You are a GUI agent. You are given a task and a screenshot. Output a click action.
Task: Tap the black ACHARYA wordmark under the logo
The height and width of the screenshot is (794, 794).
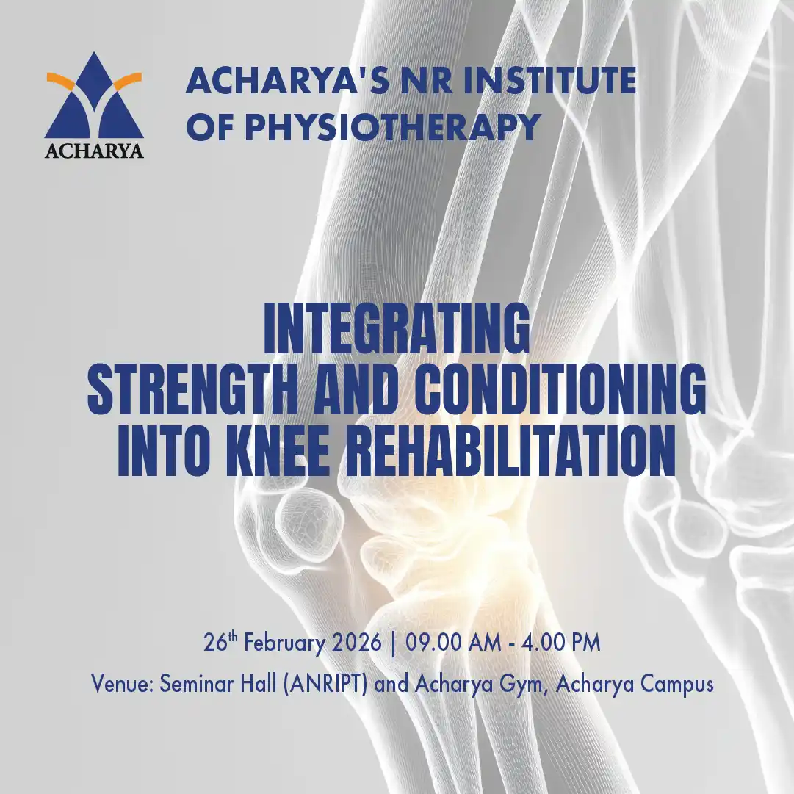[x=94, y=151]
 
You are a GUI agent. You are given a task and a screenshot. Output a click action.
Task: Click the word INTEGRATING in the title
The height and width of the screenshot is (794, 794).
[x=397, y=328]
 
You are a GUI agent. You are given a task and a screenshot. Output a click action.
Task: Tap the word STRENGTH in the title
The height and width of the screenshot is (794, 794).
[x=192, y=389]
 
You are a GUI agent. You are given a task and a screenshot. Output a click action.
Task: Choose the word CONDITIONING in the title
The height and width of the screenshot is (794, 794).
[x=560, y=389]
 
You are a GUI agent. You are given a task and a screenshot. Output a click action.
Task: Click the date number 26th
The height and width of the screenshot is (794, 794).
[x=220, y=641]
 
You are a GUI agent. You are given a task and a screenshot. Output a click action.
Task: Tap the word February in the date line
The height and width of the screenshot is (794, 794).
[x=284, y=643]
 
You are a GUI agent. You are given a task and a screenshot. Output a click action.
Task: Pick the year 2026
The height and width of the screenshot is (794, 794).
[x=356, y=643]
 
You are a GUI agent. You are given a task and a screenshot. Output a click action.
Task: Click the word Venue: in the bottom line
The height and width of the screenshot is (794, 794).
[x=122, y=684]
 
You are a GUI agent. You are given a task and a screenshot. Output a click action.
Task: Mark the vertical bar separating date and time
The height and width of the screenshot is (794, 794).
[x=394, y=643]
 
